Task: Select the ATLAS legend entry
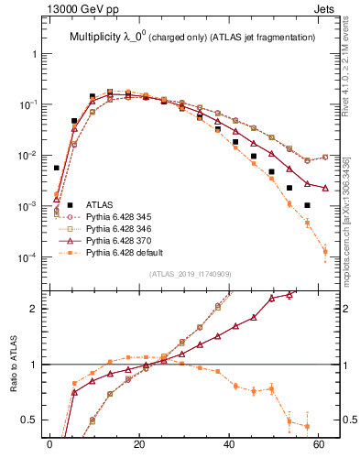pos(100,204)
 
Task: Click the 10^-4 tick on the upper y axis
pos(29,257)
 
